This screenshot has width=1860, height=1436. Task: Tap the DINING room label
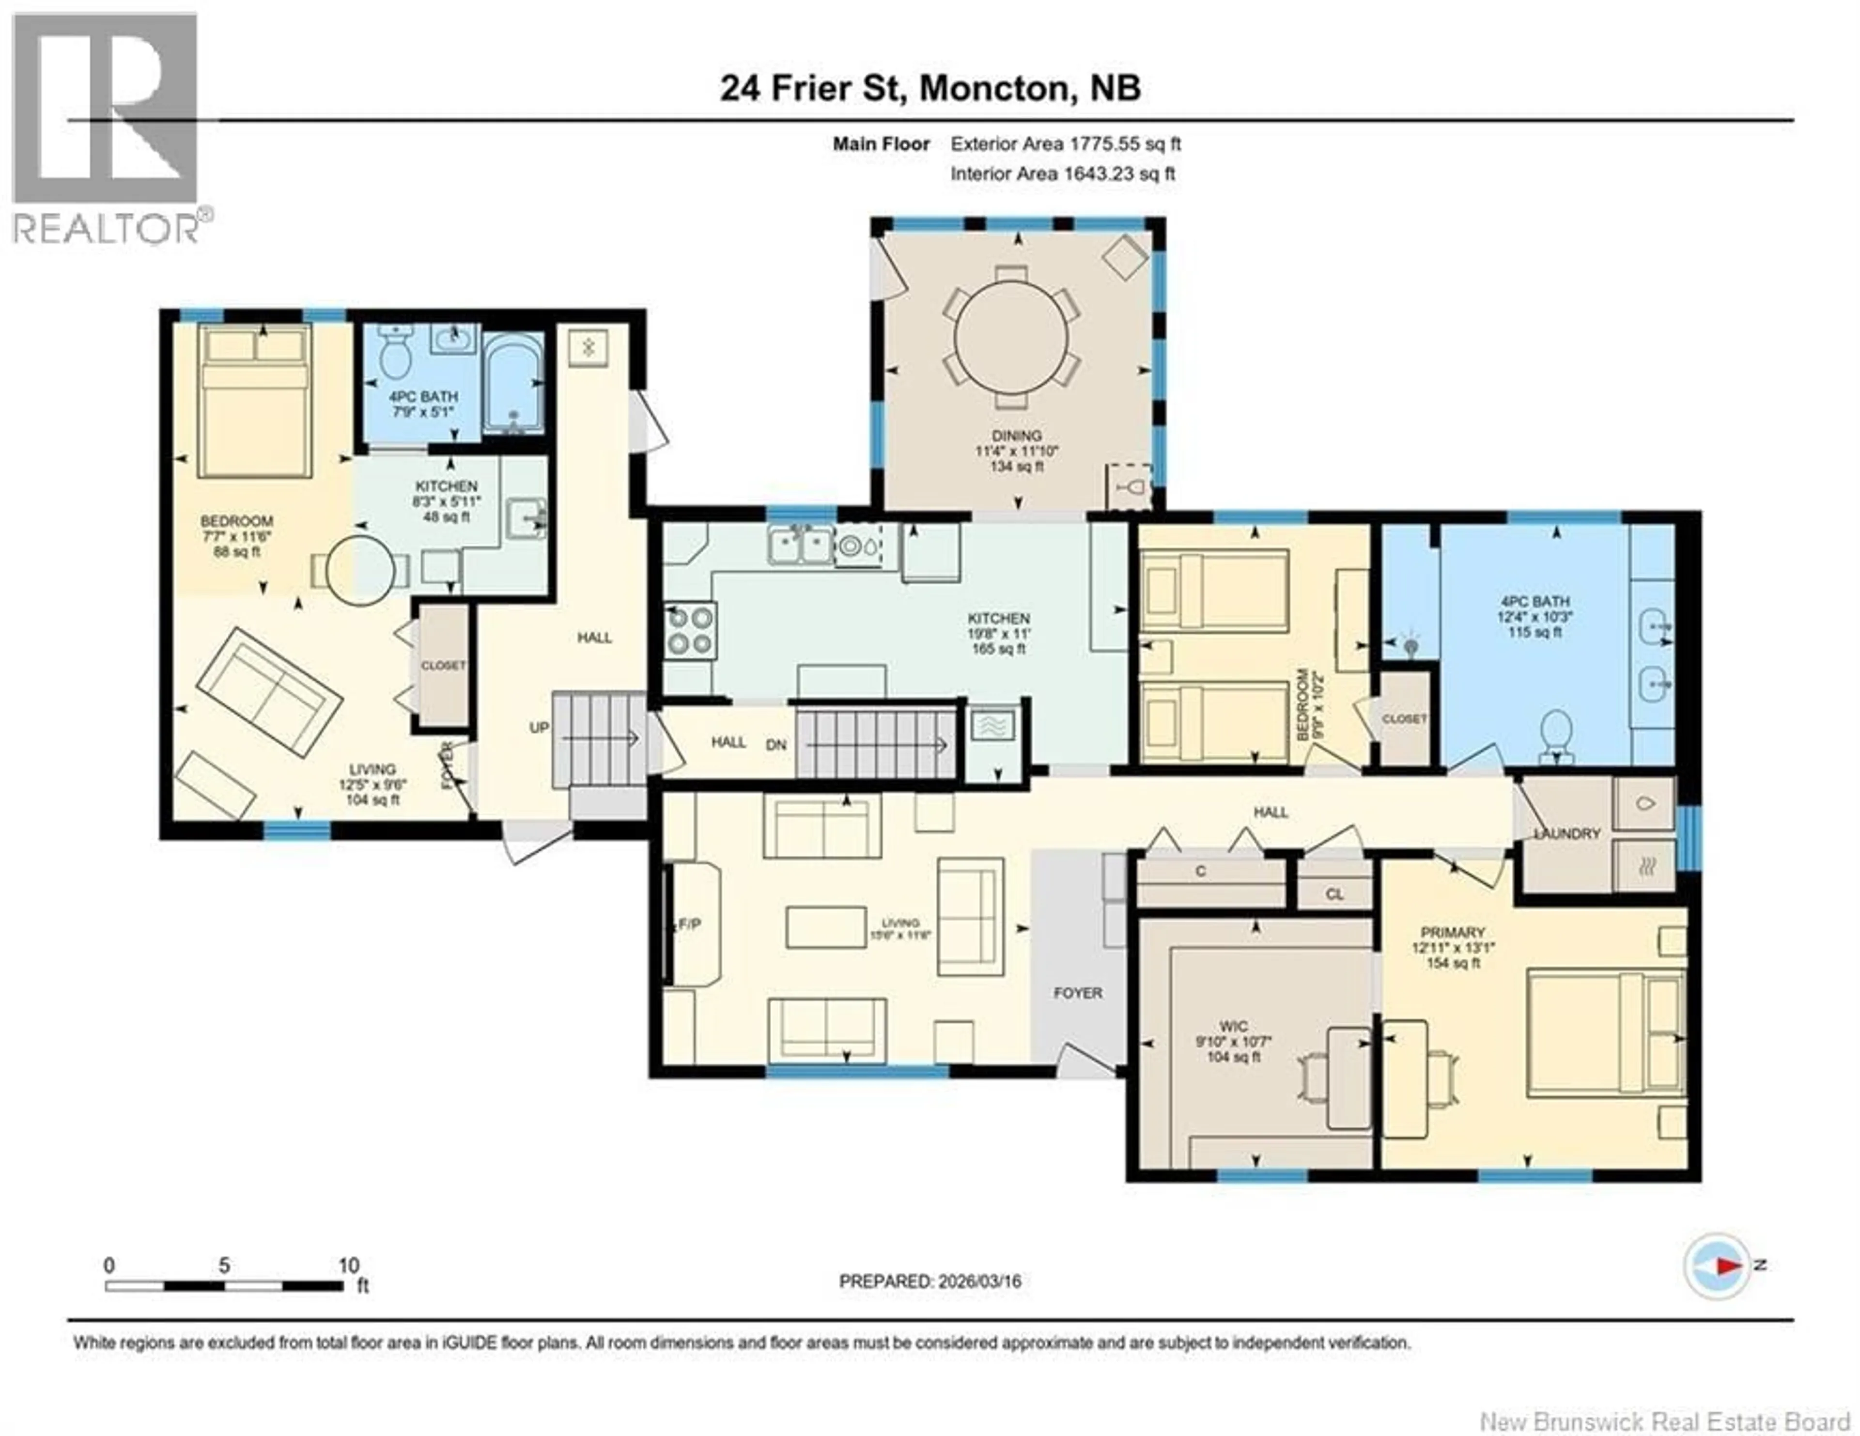coord(1016,435)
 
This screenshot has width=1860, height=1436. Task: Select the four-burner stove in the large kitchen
coord(690,630)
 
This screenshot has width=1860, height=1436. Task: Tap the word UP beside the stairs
coord(539,727)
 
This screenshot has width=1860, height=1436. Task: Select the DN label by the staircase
coord(776,744)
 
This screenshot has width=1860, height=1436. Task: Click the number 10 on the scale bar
coord(348,1265)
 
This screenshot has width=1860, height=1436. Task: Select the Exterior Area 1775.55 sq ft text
coord(1066,144)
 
